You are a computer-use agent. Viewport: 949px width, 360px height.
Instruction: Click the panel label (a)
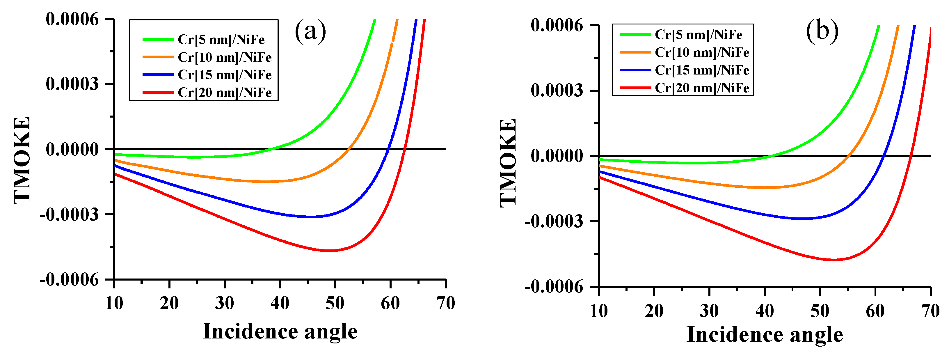(310, 31)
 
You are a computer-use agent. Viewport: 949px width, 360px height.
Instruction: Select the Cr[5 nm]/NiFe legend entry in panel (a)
(221, 39)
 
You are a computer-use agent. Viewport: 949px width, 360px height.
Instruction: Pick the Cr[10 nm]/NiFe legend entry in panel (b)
(702, 52)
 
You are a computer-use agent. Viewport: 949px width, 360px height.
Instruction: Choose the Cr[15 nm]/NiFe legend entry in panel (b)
(702, 70)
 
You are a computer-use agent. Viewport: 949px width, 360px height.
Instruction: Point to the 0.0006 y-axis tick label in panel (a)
(72, 19)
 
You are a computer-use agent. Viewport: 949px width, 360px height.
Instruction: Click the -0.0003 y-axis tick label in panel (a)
(70, 214)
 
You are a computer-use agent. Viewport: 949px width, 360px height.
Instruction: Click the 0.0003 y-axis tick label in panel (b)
(557, 90)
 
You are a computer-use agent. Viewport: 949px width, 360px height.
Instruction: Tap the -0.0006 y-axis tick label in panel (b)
(554, 287)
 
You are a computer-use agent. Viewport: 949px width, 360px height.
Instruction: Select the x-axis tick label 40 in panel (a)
(280, 304)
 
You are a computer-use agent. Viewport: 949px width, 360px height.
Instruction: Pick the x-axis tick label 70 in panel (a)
(445, 304)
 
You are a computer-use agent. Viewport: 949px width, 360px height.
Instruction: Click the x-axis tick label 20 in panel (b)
(654, 311)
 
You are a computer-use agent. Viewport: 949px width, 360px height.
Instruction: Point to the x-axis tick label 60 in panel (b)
(875, 311)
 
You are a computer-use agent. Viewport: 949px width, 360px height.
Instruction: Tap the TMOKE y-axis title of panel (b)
(509, 162)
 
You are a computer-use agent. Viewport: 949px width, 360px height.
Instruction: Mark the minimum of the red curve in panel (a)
(330, 251)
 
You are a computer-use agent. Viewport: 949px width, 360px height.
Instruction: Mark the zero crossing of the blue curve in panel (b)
(883, 156)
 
